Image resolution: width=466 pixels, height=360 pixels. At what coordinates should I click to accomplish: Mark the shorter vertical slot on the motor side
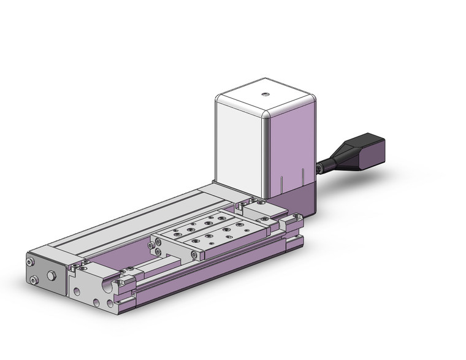click(x=281, y=183)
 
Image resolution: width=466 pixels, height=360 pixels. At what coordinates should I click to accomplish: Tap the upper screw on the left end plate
click(x=31, y=262)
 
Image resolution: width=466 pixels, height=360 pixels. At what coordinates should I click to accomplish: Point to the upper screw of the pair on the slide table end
click(x=158, y=243)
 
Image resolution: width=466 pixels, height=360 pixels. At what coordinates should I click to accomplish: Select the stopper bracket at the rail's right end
click(x=292, y=221)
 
